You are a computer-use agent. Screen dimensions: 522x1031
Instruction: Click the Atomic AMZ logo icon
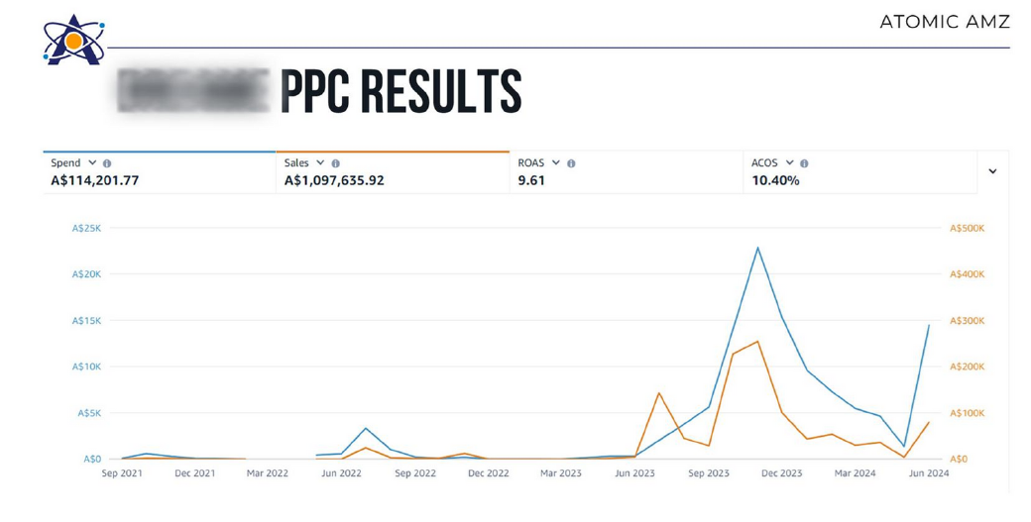click(73, 41)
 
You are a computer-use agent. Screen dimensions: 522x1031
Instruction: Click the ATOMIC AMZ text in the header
click(944, 22)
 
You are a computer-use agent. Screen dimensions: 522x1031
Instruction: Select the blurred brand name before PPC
click(193, 91)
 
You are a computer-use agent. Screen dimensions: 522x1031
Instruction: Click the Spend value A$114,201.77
click(95, 180)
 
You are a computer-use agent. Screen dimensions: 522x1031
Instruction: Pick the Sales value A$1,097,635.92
click(334, 180)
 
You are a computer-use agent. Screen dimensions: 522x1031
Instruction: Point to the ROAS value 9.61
click(531, 180)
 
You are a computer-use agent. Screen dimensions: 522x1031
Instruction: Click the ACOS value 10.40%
click(775, 180)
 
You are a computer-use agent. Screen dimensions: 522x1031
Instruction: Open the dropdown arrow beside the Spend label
click(92, 162)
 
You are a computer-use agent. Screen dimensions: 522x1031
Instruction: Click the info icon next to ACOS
click(804, 163)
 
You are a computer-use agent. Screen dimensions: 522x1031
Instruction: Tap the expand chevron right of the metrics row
click(992, 171)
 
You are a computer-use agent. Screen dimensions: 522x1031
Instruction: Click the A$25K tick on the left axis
click(86, 228)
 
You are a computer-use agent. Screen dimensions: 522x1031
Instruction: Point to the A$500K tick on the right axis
click(967, 228)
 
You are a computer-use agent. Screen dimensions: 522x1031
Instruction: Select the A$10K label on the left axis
click(86, 366)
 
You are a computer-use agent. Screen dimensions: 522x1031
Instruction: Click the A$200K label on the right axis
click(967, 366)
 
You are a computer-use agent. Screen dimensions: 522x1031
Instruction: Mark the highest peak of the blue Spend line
click(757, 248)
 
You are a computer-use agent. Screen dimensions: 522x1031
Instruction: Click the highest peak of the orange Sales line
click(757, 342)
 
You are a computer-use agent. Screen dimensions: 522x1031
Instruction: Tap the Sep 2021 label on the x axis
click(122, 473)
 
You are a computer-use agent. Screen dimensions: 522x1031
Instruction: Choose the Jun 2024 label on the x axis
click(929, 473)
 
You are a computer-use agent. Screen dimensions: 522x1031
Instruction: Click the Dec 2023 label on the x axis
click(781, 473)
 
